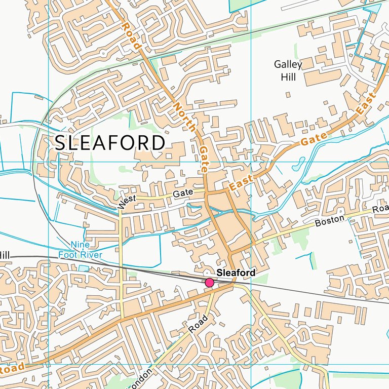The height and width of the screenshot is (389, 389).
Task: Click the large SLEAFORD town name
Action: coord(110,143)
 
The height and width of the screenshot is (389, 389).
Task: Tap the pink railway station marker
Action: coord(209,283)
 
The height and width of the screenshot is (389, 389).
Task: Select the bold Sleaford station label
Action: coord(236,273)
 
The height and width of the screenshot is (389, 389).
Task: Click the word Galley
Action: coord(288,65)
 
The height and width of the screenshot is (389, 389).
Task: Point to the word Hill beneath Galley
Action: coord(288,77)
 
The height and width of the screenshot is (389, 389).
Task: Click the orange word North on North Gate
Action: coord(184,117)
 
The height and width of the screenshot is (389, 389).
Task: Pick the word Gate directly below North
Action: coord(204,159)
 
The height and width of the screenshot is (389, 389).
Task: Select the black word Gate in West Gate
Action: coord(183,193)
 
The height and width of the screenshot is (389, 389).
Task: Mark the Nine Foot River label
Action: coord(80,250)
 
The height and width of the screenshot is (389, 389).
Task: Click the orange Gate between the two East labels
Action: coord(311,139)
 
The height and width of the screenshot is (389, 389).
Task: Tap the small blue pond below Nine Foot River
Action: coord(83,268)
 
